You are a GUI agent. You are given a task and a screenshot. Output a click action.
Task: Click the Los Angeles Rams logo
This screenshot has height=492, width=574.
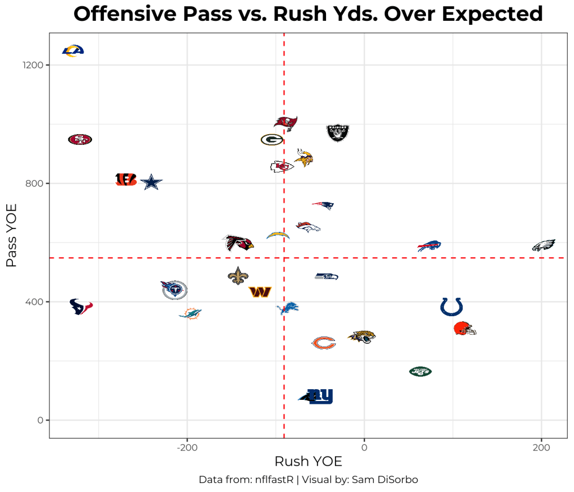coord(73,51)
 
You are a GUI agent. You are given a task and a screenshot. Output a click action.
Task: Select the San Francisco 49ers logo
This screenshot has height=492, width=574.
coord(80,139)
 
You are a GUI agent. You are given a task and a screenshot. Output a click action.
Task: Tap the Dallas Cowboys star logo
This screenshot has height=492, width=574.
coord(151,183)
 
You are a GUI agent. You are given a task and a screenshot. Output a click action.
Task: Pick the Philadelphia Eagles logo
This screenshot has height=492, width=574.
coord(544,245)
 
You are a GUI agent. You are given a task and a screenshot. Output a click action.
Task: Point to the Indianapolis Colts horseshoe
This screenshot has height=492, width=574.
coord(452,307)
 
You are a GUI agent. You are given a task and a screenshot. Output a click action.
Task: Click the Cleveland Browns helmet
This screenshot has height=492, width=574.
coord(465,329)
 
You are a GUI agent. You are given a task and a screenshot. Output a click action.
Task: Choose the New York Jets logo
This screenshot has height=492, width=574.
coord(421,371)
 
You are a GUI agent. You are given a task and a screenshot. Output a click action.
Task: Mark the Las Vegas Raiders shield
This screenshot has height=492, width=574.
coord(338,133)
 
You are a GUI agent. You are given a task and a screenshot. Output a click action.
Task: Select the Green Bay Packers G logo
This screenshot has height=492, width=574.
coord(272,139)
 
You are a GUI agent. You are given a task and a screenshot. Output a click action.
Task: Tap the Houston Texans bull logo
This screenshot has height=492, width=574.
coord(81,307)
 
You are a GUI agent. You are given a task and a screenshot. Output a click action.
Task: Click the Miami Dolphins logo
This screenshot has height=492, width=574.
coord(190,313)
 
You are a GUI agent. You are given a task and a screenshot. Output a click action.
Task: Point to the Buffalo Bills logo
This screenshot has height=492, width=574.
coord(429,246)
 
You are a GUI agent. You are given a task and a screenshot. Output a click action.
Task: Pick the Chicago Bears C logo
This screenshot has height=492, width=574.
coord(324,343)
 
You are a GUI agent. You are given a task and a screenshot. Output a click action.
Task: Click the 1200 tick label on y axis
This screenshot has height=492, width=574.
coord(33,65)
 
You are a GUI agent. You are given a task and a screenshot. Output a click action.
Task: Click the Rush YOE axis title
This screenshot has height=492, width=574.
coord(308,462)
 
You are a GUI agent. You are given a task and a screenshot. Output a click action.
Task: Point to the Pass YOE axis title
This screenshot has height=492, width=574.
coord(12,235)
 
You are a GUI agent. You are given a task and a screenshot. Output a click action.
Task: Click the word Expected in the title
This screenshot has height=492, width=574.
coord(494,14)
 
